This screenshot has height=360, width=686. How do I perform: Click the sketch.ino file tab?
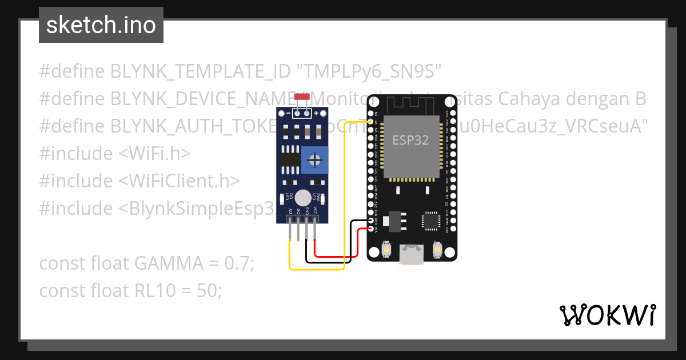click(x=101, y=25)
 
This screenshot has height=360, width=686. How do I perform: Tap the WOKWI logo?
click(x=607, y=315)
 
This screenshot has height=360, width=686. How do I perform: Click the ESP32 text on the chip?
click(x=410, y=140)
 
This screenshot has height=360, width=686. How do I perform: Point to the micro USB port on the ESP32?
click(x=412, y=254)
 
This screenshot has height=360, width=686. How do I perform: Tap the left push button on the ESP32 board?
click(x=387, y=250)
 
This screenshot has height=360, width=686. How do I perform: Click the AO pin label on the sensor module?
click(x=291, y=210)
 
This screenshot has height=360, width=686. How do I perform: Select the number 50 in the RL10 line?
click(x=209, y=291)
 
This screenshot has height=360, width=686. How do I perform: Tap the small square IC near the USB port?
click(x=430, y=221)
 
